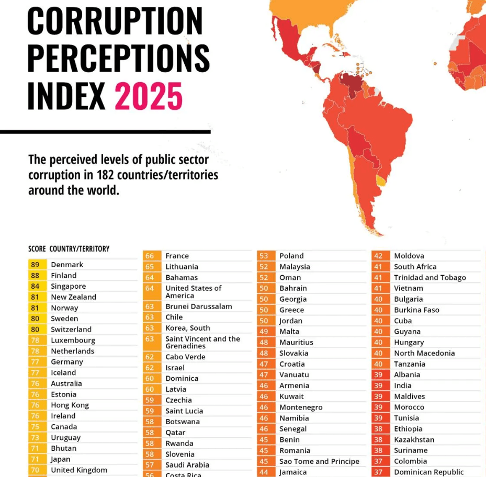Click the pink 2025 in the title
[x=149, y=96]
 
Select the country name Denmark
[x=67, y=265]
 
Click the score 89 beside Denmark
[x=35, y=265]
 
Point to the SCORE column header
[x=37, y=249]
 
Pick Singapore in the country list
[x=69, y=286]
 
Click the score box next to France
[x=150, y=256]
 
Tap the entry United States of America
[x=193, y=292]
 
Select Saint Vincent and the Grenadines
[x=202, y=342]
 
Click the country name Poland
[x=291, y=256]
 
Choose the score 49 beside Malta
[x=264, y=332]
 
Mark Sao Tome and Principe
[x=319, y=461]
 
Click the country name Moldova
[x=409, y=256]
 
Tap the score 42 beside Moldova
[x=378, y=256]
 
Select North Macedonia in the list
[x=424, y=353]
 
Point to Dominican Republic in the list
[x=428, y=472]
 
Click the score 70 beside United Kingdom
[x=35, y=470]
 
